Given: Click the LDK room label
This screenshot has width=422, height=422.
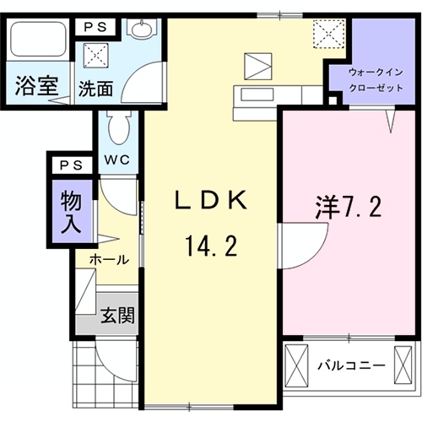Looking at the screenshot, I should (x=209, y=202).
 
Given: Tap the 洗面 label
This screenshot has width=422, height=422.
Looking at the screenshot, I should (x=94, y=87).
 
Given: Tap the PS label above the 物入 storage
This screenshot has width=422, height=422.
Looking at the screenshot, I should (x=69, y=165).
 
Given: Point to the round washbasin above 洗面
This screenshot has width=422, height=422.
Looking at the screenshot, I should (x=140, y=29).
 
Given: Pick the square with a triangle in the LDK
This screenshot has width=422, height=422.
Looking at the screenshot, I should (x=257, y=65).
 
